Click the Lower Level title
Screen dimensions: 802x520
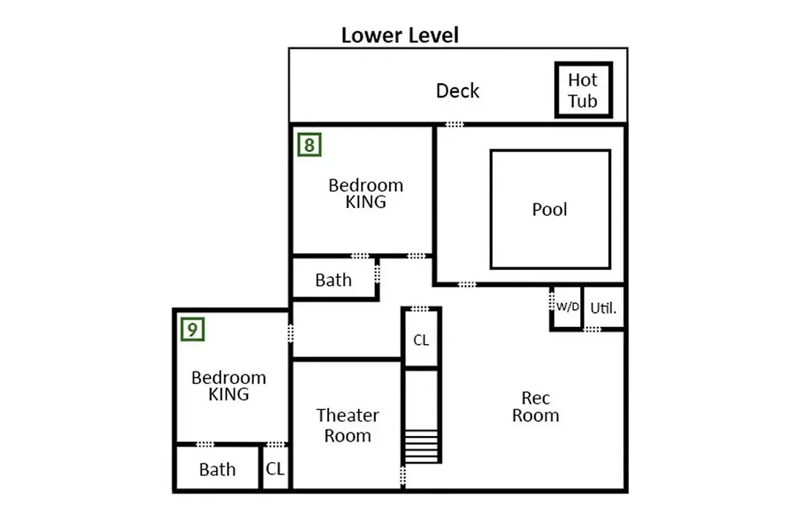[x=400, y=36]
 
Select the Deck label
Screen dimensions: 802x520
[x=457, y=91]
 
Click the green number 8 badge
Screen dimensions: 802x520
[x=310, y=145]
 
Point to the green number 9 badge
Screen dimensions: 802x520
[x=193, y=329]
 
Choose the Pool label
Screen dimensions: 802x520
[x=550, y=209]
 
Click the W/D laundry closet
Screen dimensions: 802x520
[x=567, y=307]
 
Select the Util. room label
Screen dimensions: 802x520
[x=603, y=308]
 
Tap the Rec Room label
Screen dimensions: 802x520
[x=535, y=406]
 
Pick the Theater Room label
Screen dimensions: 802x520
[x=348, y=425]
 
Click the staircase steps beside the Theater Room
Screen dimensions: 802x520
[x=422, y=446]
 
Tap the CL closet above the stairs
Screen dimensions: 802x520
[x=421, y=339]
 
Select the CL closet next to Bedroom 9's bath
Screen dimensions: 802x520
[x=275, y=469]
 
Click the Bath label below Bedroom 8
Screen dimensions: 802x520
[x=333, y=280]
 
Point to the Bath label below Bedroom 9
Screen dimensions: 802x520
[x=218, y=469]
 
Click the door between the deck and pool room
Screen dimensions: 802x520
[x=454, y=124]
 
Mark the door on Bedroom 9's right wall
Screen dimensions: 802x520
[x=290, y=334]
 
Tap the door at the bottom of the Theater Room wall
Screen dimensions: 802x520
[x=402, y=475]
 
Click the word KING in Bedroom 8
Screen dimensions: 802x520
[x=365, y=202]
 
